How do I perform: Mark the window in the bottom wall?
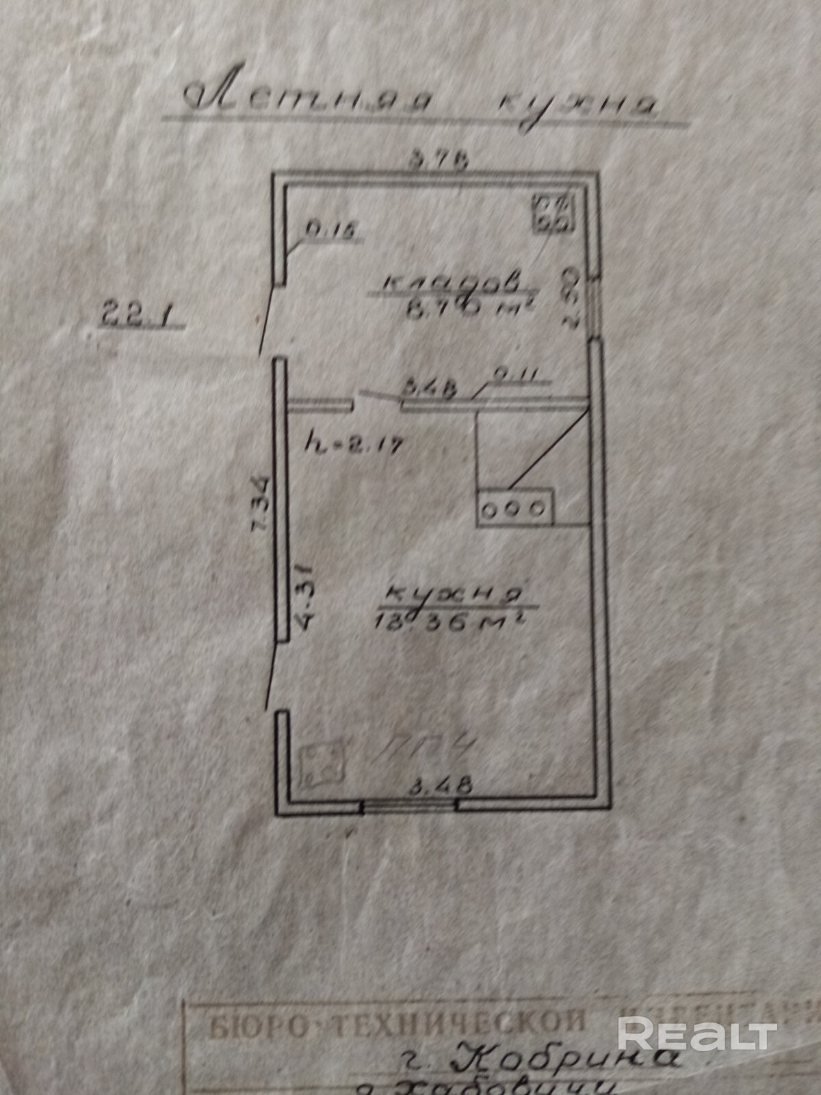coord(409,808)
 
